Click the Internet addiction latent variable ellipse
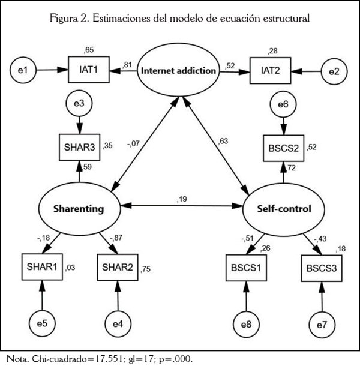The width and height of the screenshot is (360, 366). click(x=178, y=71)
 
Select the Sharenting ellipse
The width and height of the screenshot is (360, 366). click(x=80, y=209)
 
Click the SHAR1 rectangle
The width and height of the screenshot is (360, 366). click(x=41, y=266)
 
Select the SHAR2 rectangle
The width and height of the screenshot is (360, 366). click(x=118, y=266)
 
